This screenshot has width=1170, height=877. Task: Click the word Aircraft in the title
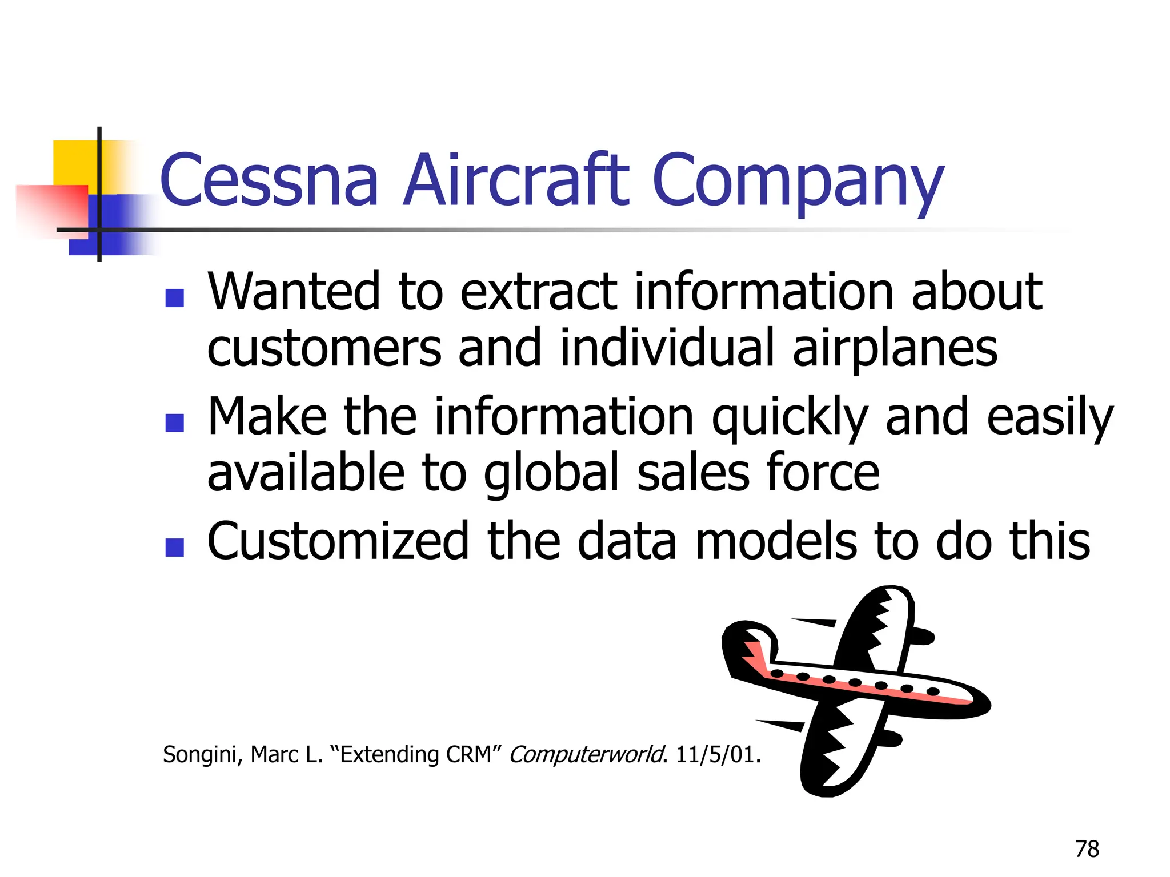click(x=516, y=179)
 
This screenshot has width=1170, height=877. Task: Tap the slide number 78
click(x=1087, y=849)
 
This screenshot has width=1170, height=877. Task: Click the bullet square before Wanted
click(x=174, y=298)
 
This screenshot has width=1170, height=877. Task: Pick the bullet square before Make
click(x=174, y=423)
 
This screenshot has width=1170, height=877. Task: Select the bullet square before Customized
click(x=174, y=547)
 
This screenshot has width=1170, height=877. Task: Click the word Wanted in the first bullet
click(x=294, y=292)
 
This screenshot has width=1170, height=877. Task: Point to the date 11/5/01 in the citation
click(x=716, y=755)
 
